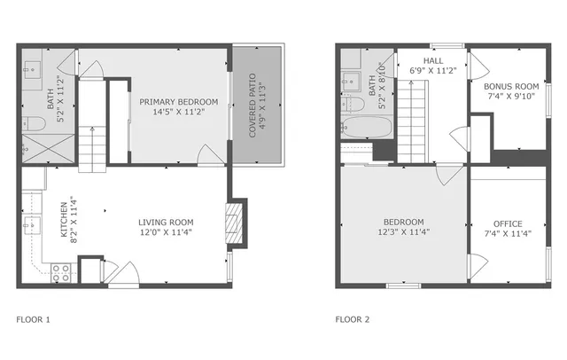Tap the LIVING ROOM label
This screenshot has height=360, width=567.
(x=165, y=222)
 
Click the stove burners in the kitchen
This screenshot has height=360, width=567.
(x=61, y=273)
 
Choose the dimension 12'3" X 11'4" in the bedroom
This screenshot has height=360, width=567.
(x=403, y=233)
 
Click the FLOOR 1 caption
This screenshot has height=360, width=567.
(x=34, y=319)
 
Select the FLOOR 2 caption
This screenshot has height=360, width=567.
(x=352, y=319)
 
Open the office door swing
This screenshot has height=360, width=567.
(x=478, y=264)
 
